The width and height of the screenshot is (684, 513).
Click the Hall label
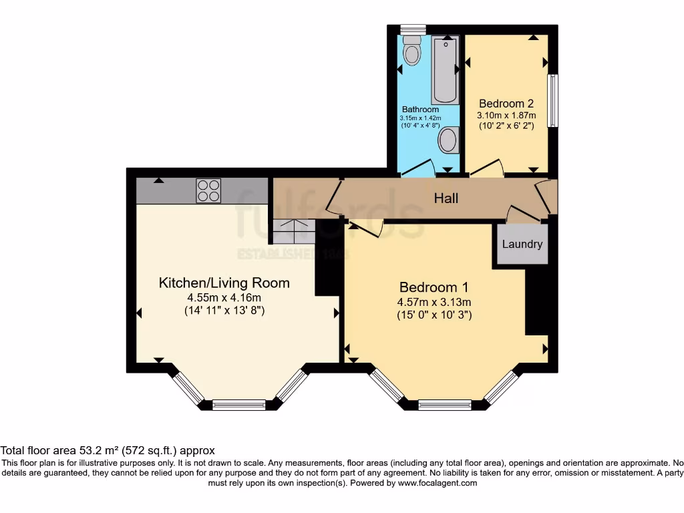pyautogui.click(x=446, y=198)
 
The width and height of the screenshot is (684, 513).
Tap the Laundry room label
pyautogui.click(x=522, y=244)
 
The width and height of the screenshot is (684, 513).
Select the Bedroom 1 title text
pyautogui.click(x=434, y=287)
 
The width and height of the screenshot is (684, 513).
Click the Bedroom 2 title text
pyautogui.click(x=506, y=104)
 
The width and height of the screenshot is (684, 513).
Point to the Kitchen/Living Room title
pyautogui.click(x=224, y=283)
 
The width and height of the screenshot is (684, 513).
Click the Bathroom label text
pyautogui.click(x=420, y=110)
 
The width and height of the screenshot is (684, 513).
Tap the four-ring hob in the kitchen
pyautogui.click(x=208, y=190)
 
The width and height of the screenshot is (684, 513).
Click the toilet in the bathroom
pyautogui.click(x=412, y=51)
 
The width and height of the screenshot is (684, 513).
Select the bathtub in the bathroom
pyautogui.click(x=445, y=70)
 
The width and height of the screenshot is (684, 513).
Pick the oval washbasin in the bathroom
pyautogui.click(x=448, y=140)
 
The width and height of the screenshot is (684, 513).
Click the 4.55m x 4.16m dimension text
pyautogui.click(x=224, y=298)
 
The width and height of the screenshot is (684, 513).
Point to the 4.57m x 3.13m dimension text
pyautogui.click(x=434, y=302)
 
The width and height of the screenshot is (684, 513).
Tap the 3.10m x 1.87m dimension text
pyautogui.click(x=506, y=116)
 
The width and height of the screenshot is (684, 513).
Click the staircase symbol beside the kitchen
pyautogui.click(x=293, y=231)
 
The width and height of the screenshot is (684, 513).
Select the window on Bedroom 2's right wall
pyautogui.click(x=553, y=100)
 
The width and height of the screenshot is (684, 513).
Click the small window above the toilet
pyautogui.click(x=409, y=29)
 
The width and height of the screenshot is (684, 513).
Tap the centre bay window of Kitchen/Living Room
pyautogui.click(x=238, y=403)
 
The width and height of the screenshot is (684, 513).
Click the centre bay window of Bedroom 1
pyautogui.click(x=444, y=403)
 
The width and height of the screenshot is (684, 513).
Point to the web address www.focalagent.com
pyautogui.click(x=437, y=483)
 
